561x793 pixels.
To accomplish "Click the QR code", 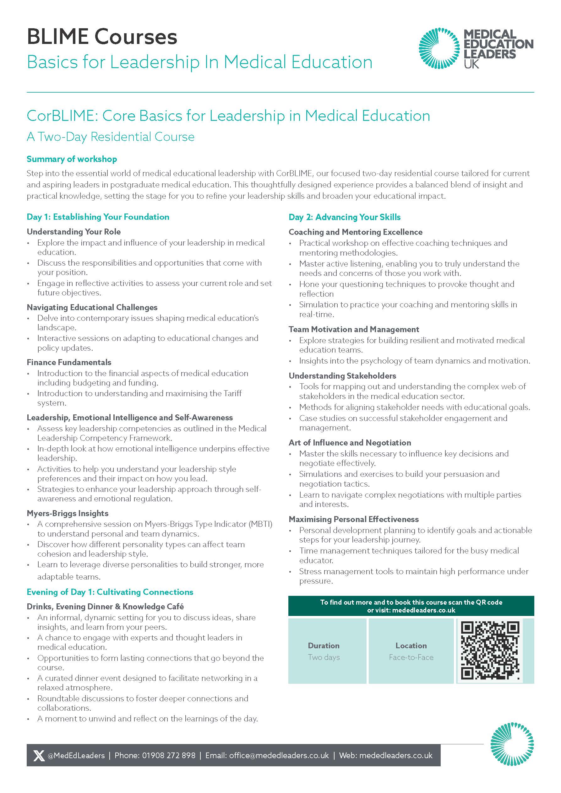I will [x=490, y=650].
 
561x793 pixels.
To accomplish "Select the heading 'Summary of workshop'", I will [x=72, y=159].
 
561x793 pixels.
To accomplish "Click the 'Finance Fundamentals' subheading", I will [x=69, y=362].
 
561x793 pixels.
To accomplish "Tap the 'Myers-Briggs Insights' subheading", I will [x=68, y=513].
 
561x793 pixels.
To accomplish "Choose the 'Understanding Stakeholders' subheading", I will [x=342, y=375].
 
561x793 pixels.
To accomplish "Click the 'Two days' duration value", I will [x=324, y=657].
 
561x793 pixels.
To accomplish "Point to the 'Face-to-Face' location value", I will [x=411, y=657].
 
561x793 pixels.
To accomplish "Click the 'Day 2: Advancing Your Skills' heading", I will [x=345, y=217].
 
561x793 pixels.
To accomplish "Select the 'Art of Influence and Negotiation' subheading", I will [x=350, y=442].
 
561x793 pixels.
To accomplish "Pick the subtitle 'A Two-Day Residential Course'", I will [x=111, y=137].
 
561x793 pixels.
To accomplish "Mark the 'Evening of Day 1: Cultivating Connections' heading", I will [x=110, y=592].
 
